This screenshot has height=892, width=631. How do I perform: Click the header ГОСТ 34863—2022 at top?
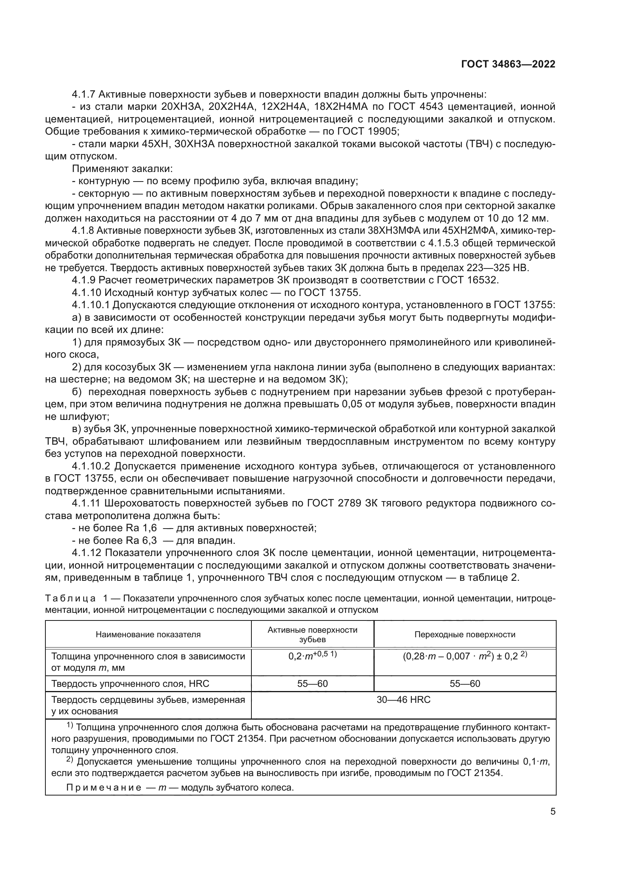click(x=508, y=64)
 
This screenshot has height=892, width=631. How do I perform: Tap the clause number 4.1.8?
click(x=83, y=231)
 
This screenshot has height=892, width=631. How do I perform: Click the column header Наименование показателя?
click(x=148, y=635)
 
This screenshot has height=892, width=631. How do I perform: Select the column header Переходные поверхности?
click(x=465, y=635)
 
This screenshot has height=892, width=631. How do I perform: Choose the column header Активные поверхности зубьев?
click(x=312, y=635)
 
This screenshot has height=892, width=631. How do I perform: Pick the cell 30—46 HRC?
click(x=403, y=700)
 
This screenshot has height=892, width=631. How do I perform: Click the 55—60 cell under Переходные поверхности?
click(x=465, y=683)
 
